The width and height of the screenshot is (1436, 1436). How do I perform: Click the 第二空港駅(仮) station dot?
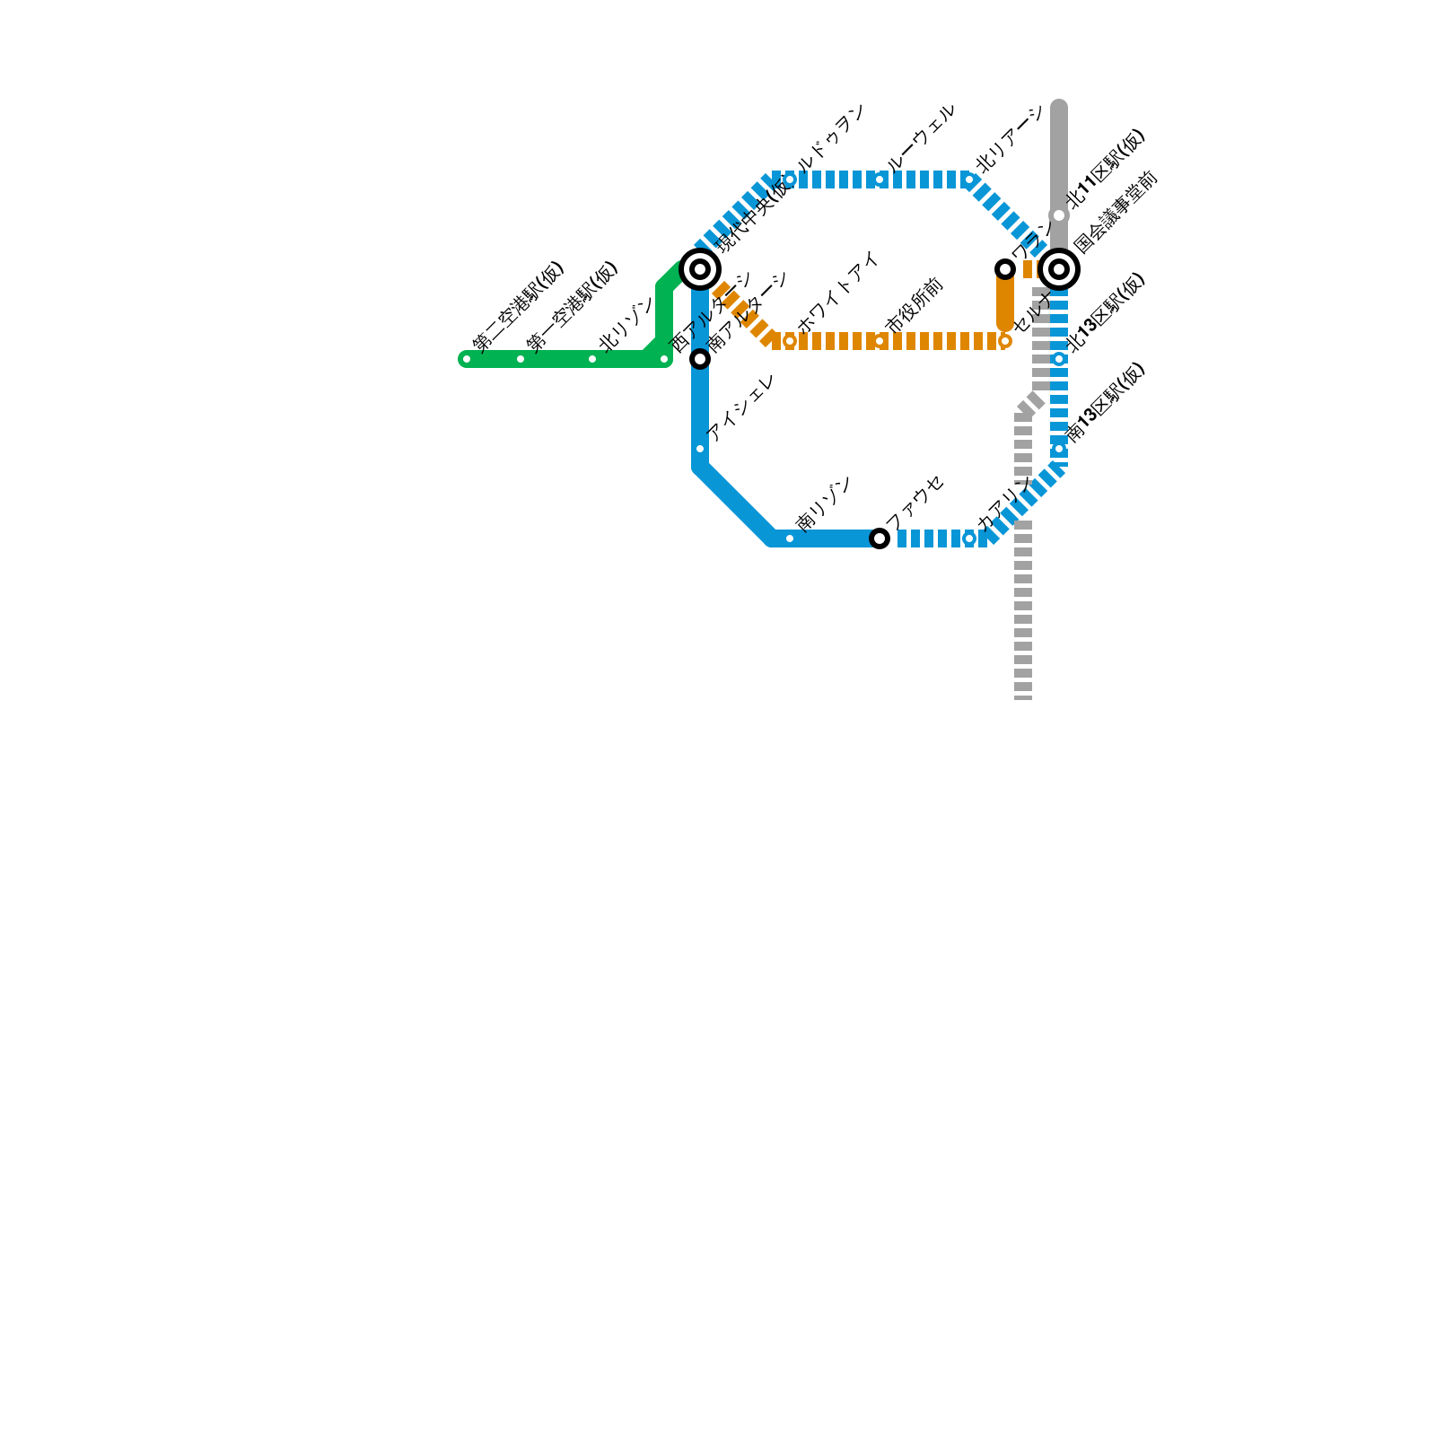[467, 359]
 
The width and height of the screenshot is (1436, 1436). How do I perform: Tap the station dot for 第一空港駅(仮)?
[521, 359]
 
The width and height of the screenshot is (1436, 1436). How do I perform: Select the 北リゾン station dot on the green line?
[592, 359]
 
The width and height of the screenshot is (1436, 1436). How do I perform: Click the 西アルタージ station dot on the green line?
[664, 359]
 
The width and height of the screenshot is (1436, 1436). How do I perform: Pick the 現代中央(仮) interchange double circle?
[700, 269]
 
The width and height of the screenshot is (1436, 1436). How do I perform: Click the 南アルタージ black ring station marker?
[700, 359]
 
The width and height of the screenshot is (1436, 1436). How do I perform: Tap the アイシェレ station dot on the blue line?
[700, 449]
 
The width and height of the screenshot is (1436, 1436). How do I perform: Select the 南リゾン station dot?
[790, 538]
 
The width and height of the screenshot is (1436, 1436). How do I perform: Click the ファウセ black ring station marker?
[880, 538]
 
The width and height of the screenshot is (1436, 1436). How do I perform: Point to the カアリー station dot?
[969, 538]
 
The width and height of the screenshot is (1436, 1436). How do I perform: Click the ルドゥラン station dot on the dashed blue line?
[790, 179]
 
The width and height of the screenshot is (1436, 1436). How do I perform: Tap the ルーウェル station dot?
[880, 179]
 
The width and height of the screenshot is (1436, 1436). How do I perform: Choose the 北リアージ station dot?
[969, 179]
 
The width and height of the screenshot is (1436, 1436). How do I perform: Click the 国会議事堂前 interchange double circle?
[1059, 269]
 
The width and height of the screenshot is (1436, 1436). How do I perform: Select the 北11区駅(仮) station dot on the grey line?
[1059, 215]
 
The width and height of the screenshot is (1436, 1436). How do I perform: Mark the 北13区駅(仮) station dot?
[1059, 359]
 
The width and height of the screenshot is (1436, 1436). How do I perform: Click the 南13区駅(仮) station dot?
[1059, 449]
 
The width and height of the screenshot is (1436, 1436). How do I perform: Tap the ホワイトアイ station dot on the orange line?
[790, 341]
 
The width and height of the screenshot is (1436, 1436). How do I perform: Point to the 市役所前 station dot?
[880, 341]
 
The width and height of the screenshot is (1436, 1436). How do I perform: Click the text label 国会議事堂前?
[1116, 212]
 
